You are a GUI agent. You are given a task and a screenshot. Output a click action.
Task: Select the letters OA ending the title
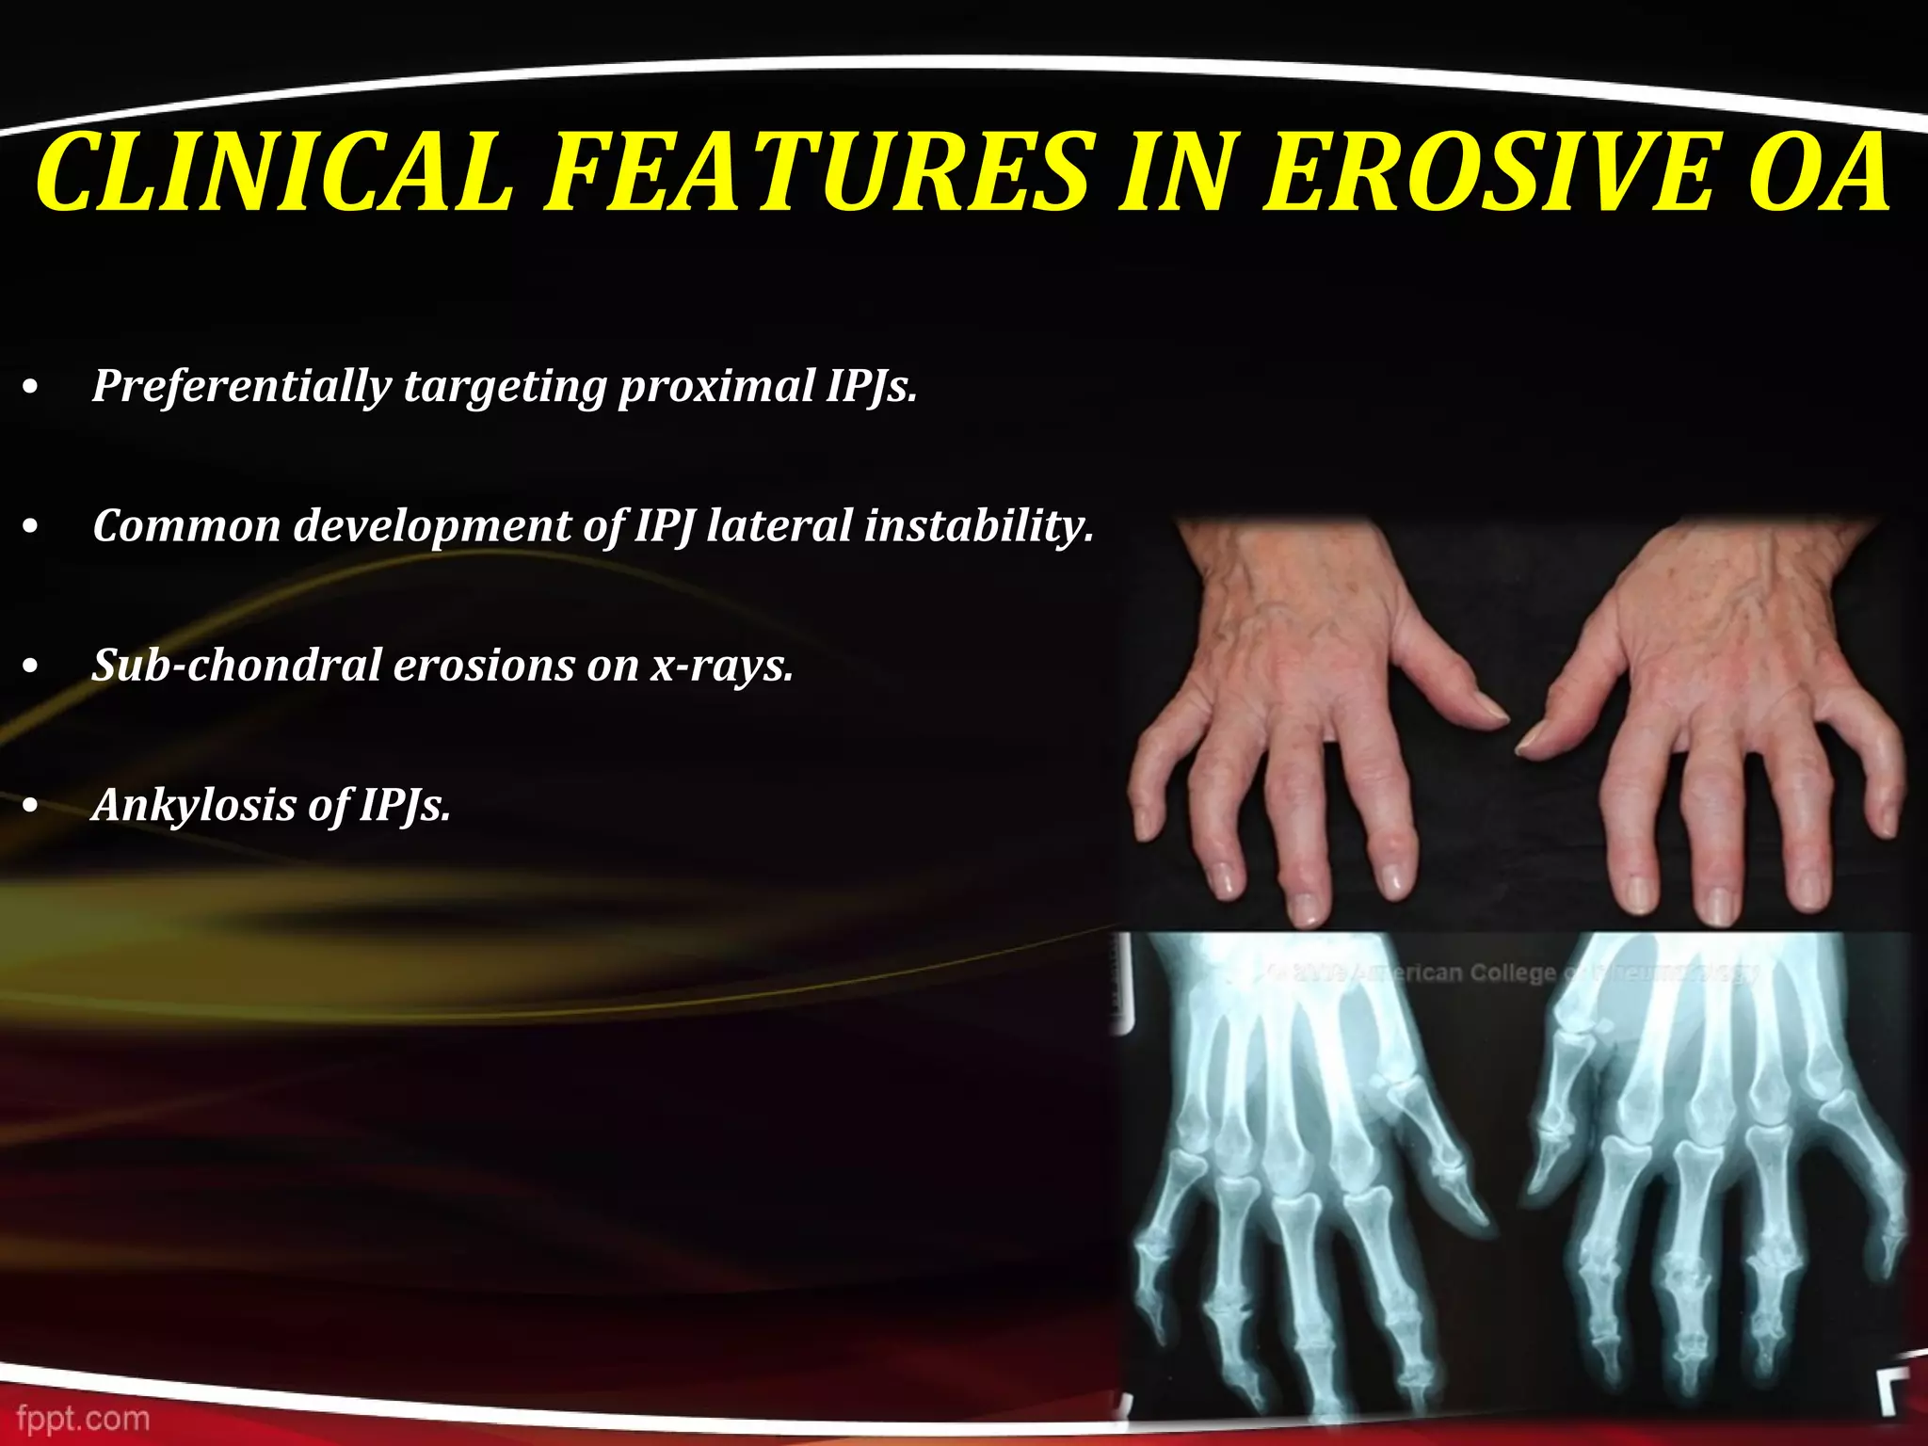[1816, 174]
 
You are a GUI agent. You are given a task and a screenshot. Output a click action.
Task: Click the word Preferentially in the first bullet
[241, 386]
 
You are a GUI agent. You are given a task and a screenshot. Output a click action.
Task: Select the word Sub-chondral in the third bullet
[235, 665]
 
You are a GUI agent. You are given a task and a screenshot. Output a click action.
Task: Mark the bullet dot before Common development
[32, 528]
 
